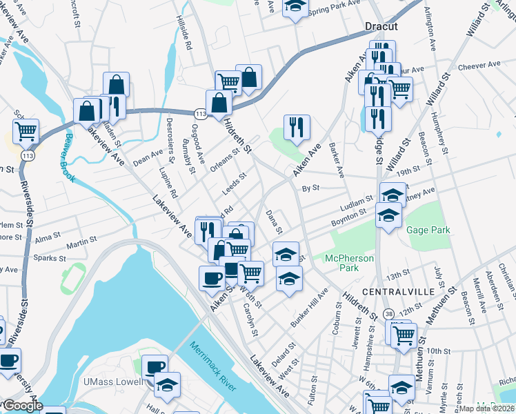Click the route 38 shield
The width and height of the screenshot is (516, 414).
click(x=390, y=315)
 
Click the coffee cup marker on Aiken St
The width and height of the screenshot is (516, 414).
click(x=211, y=278)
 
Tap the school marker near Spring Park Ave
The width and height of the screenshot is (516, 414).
click(x=295, y=7)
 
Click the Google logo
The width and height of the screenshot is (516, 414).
click(x=22, y=406)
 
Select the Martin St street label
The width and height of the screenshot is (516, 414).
click(x=81, y=245)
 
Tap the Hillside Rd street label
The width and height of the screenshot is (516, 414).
click(x=183, y=31)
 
